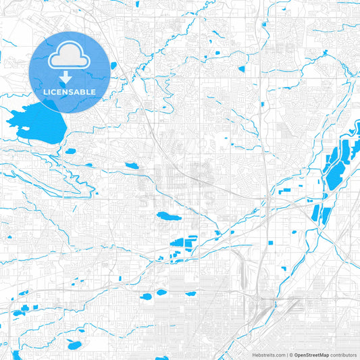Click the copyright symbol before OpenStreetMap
point(292,354)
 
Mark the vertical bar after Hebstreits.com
point(287,354)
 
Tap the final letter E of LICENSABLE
point(94,91)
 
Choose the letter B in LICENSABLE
point(82,91)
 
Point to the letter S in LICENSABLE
point(71,91)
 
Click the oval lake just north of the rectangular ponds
point(165,217)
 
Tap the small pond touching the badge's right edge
point(113,66)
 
